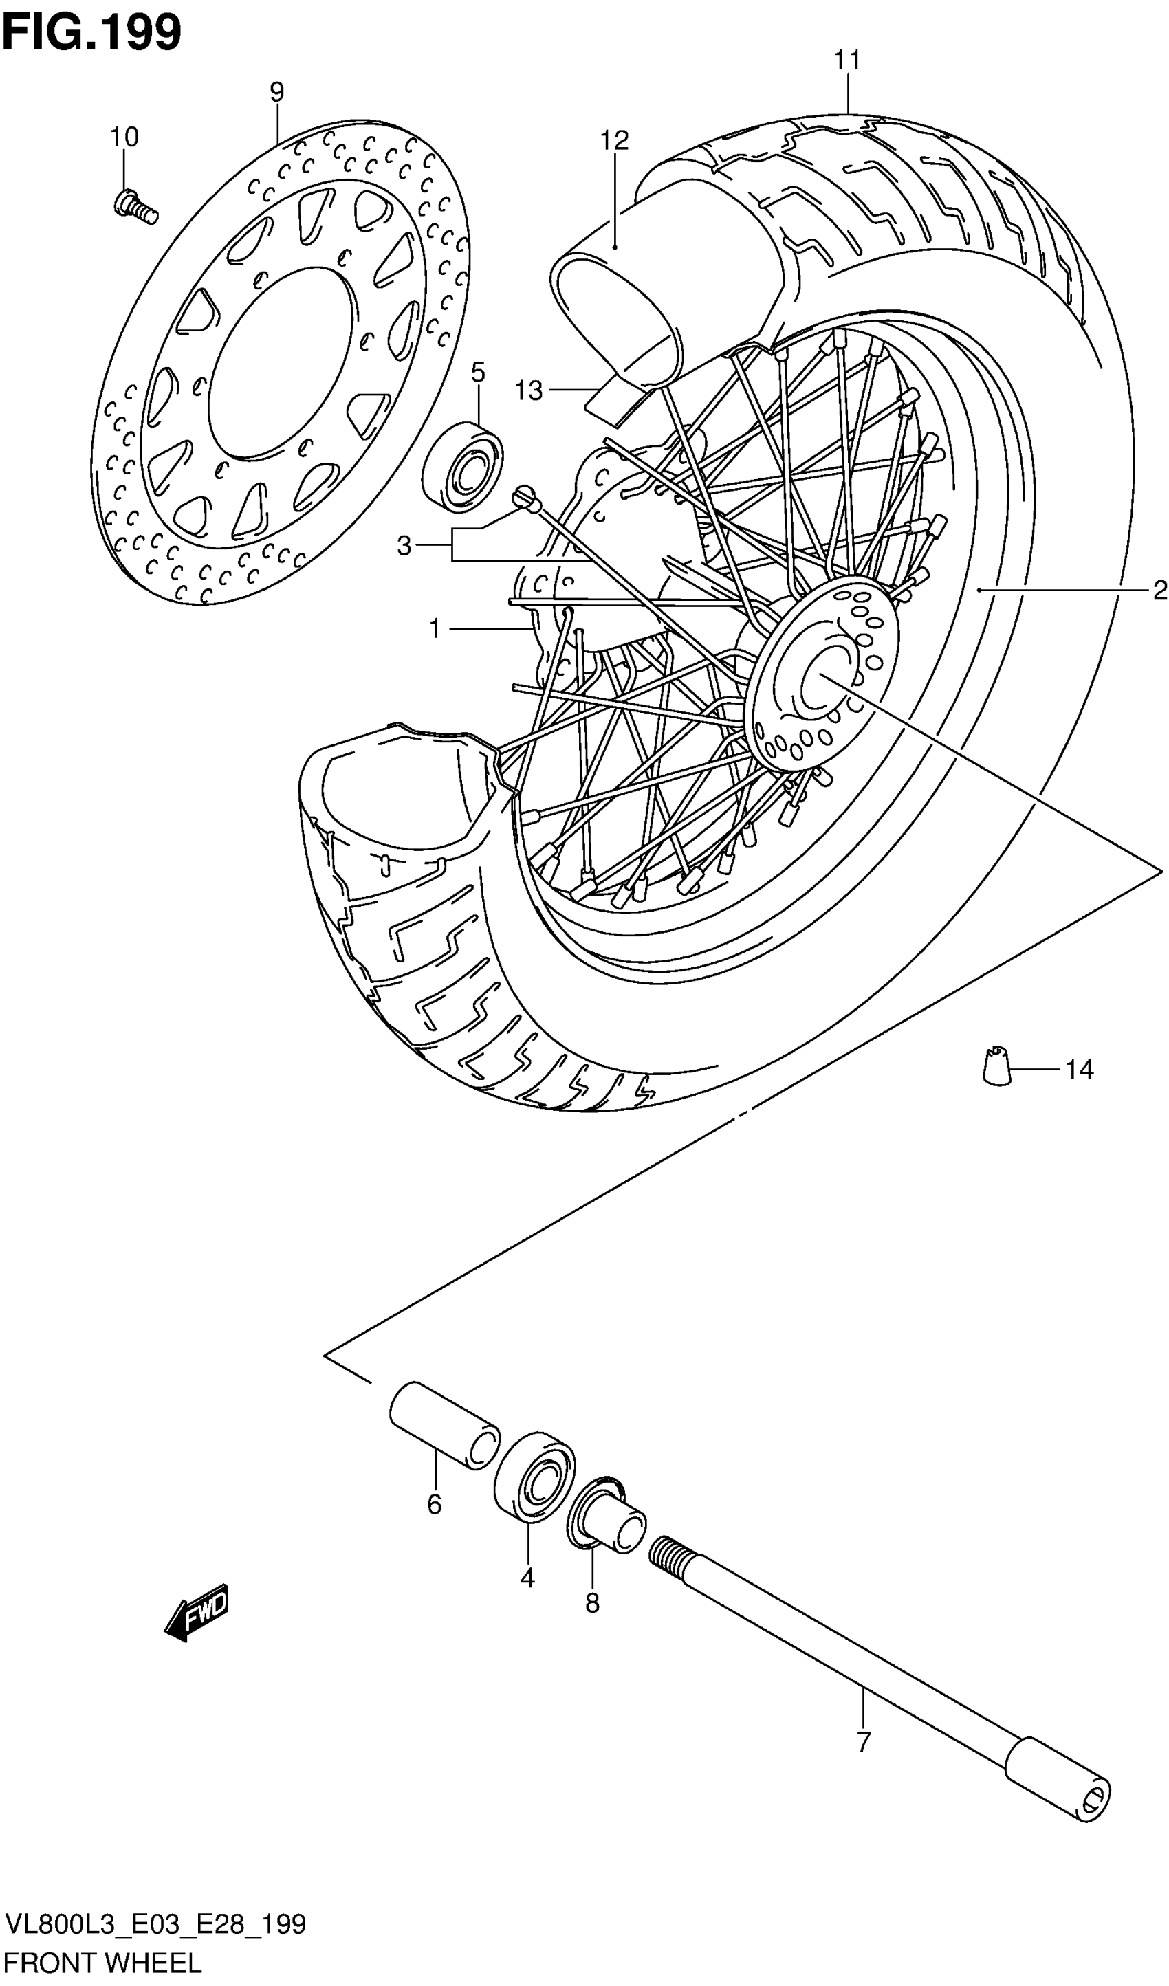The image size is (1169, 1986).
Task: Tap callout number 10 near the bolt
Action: coord(124,137)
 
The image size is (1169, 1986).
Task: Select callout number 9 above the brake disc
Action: coord(276,93)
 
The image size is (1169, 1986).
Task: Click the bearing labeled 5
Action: coord(463,466)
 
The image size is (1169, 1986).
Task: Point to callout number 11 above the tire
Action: coord(847,60)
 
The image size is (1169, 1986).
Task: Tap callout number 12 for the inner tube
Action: coord(614,140)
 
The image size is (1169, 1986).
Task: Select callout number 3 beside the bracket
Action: coord(404,545)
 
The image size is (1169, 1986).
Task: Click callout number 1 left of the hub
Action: coord(435,629)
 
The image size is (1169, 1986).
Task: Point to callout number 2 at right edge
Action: coord(1159,591)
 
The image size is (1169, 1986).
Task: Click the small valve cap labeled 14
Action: coord(997,1066)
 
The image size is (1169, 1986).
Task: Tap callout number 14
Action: coord(1079,1070)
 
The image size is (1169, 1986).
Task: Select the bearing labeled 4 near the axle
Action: coord(534,1475)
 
